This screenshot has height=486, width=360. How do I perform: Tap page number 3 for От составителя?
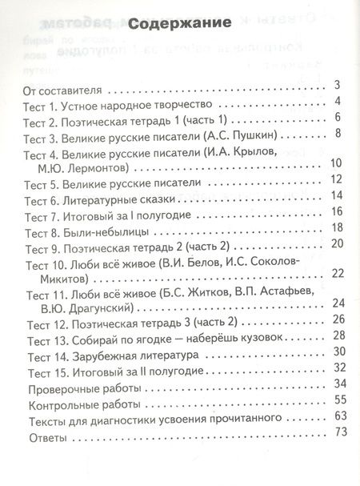(338, 85)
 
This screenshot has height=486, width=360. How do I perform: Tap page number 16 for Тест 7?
(335, 211)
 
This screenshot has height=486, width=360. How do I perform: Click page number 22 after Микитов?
(335, 274)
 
